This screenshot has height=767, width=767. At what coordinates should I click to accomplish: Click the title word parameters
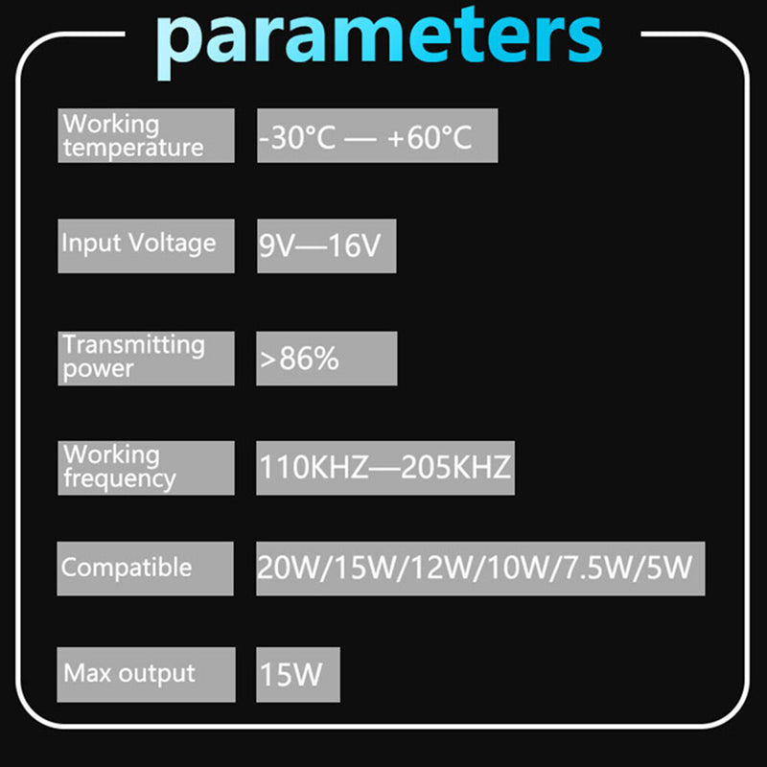coord(380,43)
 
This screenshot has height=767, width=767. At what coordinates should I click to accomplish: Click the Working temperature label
coord(133,135)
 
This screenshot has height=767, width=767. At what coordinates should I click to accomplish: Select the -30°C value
coord(297,137)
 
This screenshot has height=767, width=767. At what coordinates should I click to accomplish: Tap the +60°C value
coord(430,137)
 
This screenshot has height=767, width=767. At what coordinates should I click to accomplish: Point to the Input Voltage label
coord(138,244)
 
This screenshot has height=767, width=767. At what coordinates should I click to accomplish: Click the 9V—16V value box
coord(327,246)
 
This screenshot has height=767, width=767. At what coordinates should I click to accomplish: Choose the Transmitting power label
coord(133,357)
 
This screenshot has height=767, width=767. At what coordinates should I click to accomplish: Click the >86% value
coord(299,359)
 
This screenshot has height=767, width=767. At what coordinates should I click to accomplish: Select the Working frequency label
coord(119,467)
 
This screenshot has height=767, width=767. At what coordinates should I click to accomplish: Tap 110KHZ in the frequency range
coord(314,467)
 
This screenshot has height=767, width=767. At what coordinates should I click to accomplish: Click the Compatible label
coord(127,568)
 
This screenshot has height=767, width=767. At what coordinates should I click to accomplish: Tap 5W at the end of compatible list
coord(669,568)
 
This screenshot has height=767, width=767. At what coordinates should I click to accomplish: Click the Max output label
coord(129,674)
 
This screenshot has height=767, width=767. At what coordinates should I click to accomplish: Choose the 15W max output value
coord(291,675)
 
